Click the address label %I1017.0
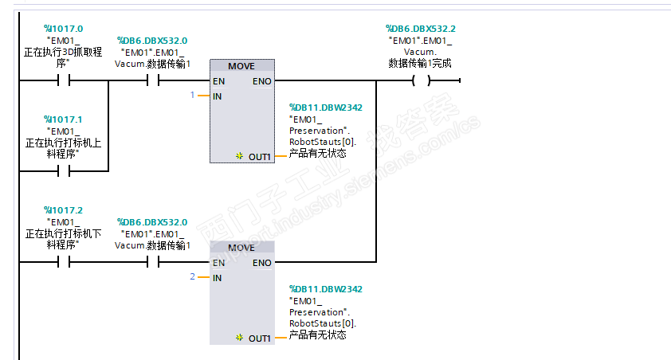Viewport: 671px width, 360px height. [63, 29]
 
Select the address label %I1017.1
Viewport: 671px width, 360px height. [63, 119]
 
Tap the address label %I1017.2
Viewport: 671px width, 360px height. [63, 210]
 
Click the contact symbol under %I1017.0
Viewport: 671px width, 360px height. [64, 80]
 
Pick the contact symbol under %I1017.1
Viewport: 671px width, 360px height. [64, 171]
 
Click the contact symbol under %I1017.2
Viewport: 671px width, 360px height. [64, 262]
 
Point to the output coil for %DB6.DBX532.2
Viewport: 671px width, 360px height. [421, 80]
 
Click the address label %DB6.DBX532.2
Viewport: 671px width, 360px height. [421, 29]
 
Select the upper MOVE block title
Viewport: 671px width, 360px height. [241, 66]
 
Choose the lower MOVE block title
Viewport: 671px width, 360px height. [241, 248]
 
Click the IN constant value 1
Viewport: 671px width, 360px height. [193, 95]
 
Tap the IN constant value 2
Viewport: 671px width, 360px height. [193, 276]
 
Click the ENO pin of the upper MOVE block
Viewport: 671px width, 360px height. [262, 81]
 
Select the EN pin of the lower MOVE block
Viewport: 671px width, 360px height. [218, 263]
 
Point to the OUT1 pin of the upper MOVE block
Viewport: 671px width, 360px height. [259, 157]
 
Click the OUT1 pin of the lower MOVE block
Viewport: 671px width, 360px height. [259, 338]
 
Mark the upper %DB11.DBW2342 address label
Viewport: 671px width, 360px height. [326, 108]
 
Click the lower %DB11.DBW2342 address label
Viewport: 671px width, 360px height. [326, 289]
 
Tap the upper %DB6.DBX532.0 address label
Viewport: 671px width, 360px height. [152, 41]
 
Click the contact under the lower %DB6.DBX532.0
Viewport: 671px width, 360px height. [153, 262]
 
